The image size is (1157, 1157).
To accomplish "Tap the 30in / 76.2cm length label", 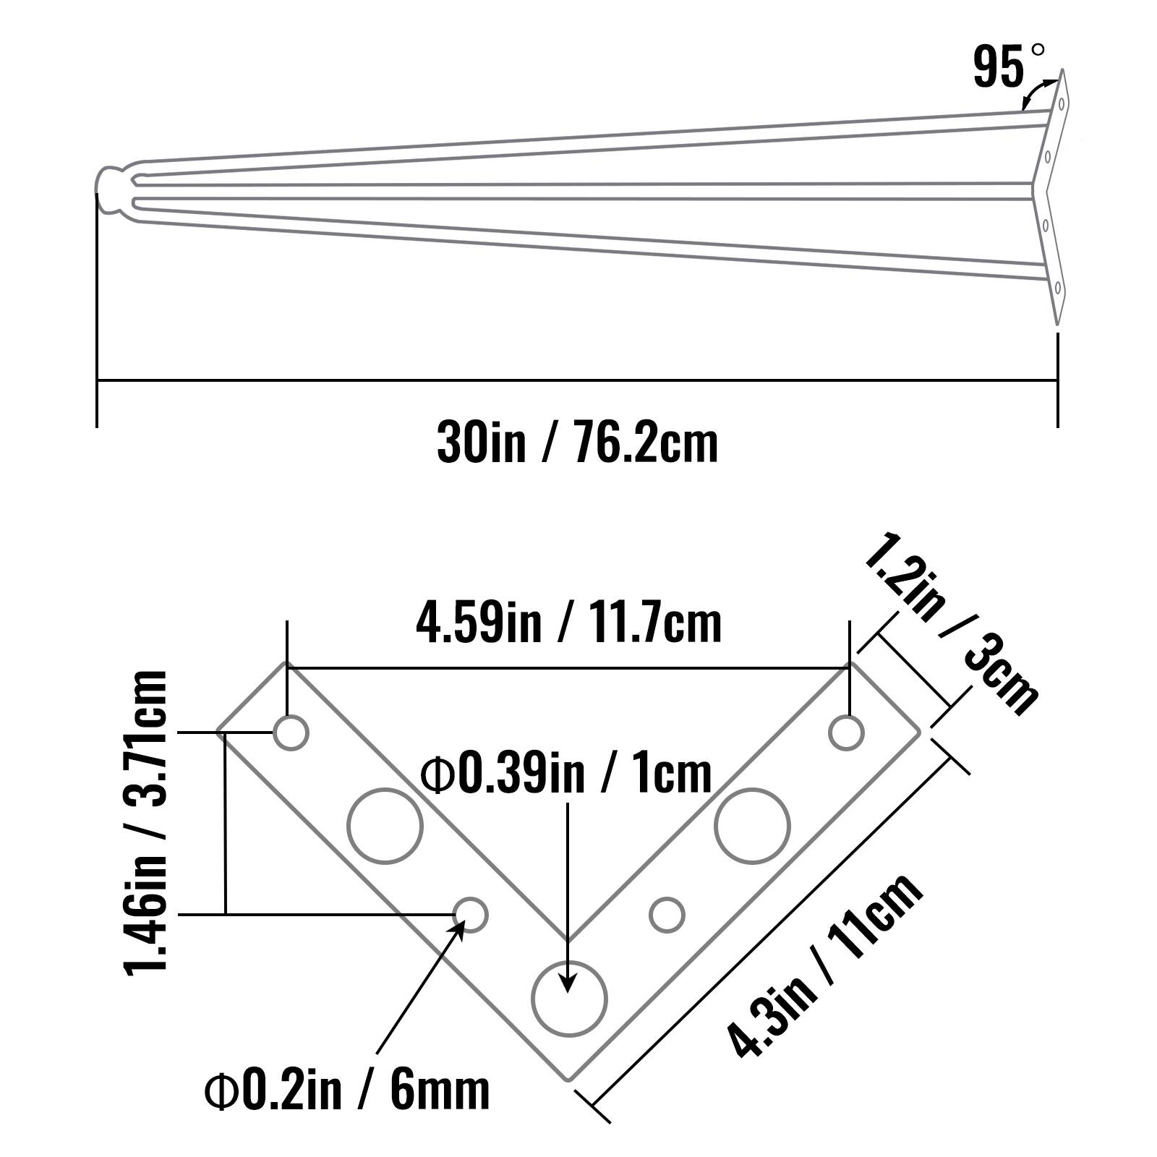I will point(577,443).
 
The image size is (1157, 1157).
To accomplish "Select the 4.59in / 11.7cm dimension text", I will point(568,623).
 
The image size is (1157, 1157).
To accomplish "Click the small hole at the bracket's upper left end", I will point(291,733).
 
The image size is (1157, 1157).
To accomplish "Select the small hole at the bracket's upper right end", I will point(846,733).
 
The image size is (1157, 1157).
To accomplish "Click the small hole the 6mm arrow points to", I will point(471,915).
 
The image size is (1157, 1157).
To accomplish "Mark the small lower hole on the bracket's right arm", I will point(667,915).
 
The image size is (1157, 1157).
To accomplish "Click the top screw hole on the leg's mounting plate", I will point(1061,103).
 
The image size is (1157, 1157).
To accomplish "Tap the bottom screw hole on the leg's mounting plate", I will point(1057,288).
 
